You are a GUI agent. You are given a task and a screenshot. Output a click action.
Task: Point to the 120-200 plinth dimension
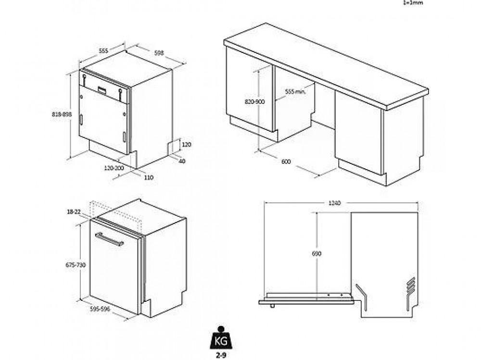pos(114,168)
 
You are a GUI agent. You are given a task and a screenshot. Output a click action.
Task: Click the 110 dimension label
pos(148,177)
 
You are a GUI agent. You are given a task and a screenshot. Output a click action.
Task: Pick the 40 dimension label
pos(182,161)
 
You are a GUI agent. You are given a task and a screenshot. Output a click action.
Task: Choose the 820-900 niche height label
pos(255,102)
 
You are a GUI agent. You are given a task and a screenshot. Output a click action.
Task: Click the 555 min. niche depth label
pos(295,91)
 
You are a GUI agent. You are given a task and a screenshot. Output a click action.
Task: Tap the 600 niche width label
pos(286,162)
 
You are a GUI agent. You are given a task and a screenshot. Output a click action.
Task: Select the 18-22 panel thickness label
pos(75,211)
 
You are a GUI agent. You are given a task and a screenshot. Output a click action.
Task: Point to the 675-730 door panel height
pos(76,265)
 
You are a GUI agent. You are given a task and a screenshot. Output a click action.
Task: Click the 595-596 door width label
pos(101,309)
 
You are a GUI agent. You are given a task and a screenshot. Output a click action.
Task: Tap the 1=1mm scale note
pos(412,2)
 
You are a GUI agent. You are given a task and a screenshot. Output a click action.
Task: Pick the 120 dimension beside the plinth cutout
pos(187,144)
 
